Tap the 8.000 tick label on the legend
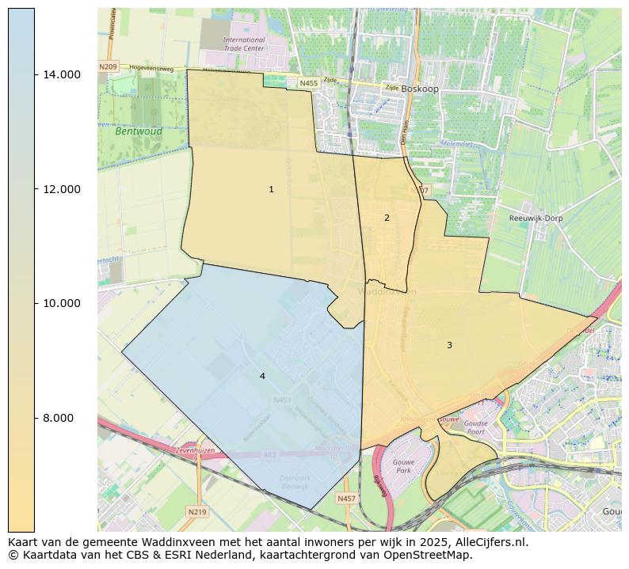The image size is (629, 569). coord(63,418)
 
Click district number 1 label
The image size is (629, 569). coord(271,189)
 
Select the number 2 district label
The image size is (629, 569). coord(387,218)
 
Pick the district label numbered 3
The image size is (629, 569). coord(449,345)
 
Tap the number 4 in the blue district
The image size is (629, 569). coord(262,376)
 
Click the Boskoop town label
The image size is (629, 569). coord(419,89)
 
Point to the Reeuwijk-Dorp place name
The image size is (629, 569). coord(536,218)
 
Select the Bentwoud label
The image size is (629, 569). coord(139,131)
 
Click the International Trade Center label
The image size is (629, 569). coord(243,44)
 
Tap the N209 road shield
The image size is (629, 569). coord(108,67)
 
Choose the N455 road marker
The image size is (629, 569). coord(308,82)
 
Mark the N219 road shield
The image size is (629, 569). coord(197,512)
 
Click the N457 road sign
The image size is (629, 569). coord(346,499)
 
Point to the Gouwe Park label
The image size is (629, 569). coord(403,465)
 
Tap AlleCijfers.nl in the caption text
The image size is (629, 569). coord(490,542)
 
